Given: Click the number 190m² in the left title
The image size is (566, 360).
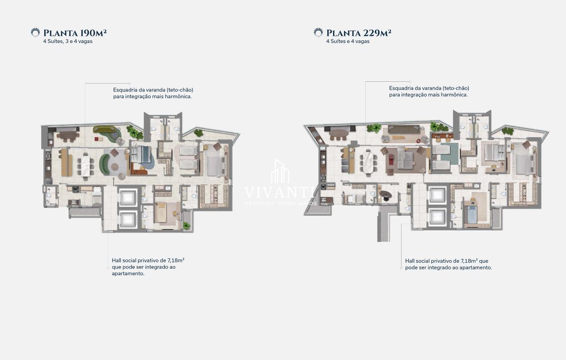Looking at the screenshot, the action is coord(93,33).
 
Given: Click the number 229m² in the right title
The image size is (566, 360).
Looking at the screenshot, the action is coord(377,33).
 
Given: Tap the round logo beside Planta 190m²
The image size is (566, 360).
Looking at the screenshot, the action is coord(35,33).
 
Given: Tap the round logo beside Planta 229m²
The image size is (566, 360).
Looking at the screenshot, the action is coord(318,33).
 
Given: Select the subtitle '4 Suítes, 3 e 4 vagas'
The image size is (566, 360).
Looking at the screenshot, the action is coord(68,41).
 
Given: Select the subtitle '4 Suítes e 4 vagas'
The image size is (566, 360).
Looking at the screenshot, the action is coord(348,41).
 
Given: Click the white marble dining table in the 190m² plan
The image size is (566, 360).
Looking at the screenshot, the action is coord(85,165).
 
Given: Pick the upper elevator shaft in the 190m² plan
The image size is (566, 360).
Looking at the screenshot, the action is coord(127,198).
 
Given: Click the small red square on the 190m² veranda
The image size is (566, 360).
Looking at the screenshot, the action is coord(97,138).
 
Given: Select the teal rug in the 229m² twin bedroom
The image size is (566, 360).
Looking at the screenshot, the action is coord(449,153).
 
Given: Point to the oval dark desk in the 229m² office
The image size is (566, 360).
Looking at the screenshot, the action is coord(386,194).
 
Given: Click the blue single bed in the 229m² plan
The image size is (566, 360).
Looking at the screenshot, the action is coord(471,214).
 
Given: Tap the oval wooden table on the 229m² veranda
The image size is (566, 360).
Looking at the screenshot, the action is coord(339,133).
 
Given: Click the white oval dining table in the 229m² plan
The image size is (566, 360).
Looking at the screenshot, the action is coord(369,162).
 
